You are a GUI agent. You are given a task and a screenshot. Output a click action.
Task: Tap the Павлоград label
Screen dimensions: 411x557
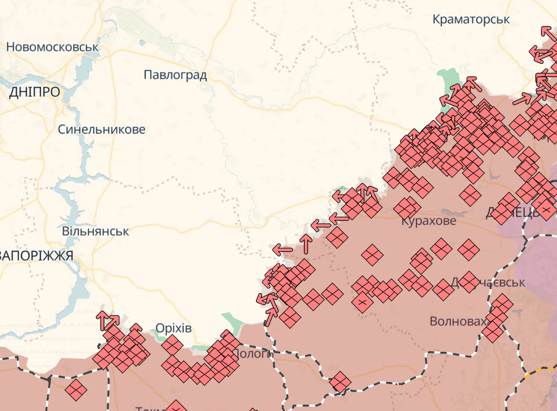click(175, 75)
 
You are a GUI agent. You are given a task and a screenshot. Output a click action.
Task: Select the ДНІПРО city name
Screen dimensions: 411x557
click(34, 92)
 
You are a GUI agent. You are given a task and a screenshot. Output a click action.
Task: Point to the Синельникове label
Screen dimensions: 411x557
click(102, 129)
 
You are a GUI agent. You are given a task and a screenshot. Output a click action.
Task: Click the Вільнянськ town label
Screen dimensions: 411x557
click(95, 231)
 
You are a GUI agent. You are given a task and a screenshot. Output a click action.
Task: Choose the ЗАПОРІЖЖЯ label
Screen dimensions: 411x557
click(36, 255)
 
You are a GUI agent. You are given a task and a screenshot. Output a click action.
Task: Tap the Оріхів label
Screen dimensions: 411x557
click(174, 328)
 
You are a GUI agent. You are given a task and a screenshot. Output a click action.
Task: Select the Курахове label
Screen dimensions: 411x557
click(429, 221)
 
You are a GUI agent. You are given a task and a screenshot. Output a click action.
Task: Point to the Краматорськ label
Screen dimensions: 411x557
click(471, 20)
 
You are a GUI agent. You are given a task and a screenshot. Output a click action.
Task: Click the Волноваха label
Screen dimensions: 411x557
click(459, 321)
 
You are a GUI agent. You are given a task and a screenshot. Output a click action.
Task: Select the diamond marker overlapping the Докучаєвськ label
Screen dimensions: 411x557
click(469, 282)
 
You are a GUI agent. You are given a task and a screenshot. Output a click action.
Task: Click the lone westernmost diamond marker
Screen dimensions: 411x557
click(76, 389)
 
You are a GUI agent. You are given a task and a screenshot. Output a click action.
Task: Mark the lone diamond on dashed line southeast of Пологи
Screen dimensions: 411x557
click(340, 382)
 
